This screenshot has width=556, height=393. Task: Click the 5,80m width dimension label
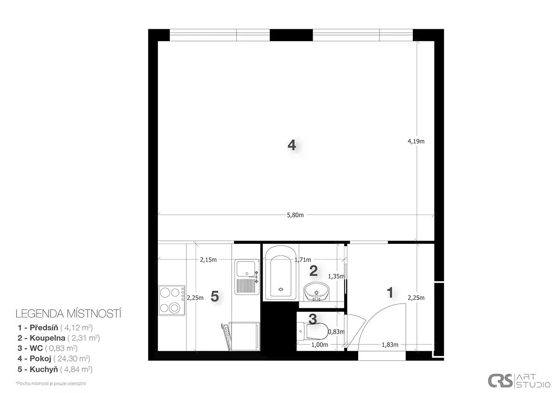pyautogui.click(x=295, y=215)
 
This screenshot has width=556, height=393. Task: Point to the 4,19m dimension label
pyautogui.click(x=416, y=141)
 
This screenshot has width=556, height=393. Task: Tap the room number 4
pyautogui.click(x=291, y=145)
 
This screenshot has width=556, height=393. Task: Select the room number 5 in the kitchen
pyautogui.click(x=215, y=296)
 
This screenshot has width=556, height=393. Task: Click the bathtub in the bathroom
pyautogui.click(x=280, y=273)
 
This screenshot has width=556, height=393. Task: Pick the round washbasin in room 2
pyautogui.click(x=316, y=292)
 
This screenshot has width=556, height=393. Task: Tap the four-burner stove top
pyautogui.click(x=172, y=300)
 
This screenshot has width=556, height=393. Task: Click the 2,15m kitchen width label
pyautogui.click(x=208, y=260)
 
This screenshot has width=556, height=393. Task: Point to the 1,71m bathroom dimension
pyautogui.click(x=303, y=260)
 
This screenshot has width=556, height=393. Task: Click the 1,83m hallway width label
pyautogui.click(x=390, y=345)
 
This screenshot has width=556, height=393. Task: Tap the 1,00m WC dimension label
pyautogui.click(x=320, y=345)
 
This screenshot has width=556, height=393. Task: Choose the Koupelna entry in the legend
pyautogui.click(x=58, y=338)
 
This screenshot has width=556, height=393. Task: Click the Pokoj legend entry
pyautogui.click(x=54, y=359)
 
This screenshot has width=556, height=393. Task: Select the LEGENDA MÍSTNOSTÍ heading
pyautogui.click(x=69, y=314)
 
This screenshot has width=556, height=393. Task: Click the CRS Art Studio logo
pyautogui.click(x=519, y=381)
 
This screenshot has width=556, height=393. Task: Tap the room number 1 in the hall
pyautogui.click(x=390, y=292)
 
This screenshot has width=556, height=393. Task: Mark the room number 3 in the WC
pyautogui.click(x=313, y=319)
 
